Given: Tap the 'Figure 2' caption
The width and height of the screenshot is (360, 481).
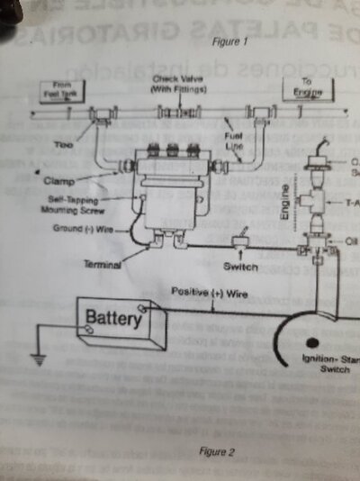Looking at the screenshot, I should [218, 451].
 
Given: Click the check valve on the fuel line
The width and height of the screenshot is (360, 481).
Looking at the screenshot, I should [177, 113].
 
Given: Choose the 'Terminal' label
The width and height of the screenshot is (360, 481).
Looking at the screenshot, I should [103, 267].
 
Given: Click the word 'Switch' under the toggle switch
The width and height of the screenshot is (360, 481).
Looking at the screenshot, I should [239, 267].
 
